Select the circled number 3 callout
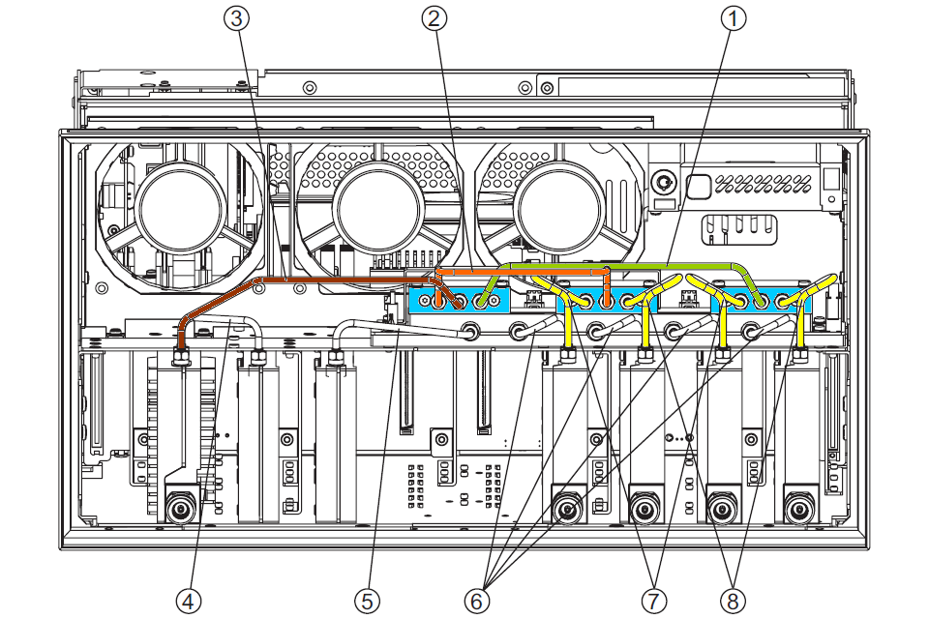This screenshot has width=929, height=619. point(236,18)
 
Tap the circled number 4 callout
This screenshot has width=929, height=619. point(190,601)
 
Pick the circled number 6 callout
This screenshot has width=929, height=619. point(476,601)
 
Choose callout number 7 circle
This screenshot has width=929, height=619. point(654,601)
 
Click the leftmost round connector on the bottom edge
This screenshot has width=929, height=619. point(178,509)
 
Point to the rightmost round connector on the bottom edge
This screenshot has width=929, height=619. point(797,509)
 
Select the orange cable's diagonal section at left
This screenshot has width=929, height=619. point(218,300)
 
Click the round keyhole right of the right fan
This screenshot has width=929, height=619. point(664,181)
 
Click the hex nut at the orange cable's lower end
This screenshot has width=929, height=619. point(180,357)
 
